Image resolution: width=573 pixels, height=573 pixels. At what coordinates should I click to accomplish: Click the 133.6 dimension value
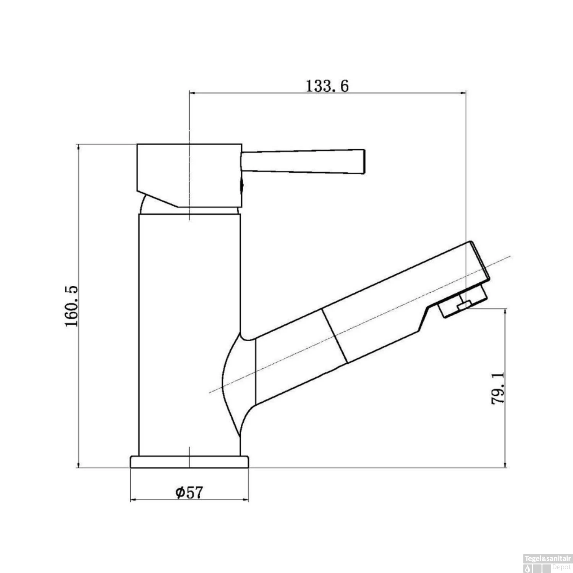327,86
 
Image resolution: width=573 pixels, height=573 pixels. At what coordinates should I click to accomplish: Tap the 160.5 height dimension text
72,306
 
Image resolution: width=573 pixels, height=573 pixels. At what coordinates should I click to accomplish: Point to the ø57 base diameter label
188,492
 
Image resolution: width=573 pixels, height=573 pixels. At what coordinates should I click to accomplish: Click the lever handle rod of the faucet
303,161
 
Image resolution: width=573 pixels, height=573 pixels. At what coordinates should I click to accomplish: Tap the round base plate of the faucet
189,462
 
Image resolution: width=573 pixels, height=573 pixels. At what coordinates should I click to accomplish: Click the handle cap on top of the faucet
189,176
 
